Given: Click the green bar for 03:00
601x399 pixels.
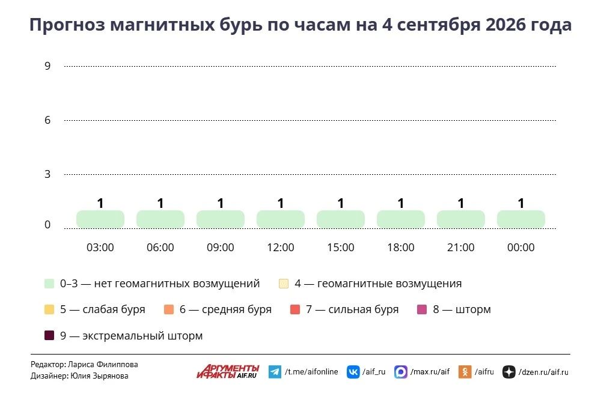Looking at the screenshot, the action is pos(100,219).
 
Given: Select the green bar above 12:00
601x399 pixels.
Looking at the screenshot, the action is pos(281,219).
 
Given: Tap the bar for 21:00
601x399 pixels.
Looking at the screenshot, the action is pos(461,219).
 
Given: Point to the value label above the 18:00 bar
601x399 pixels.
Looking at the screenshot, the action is pos(401,203).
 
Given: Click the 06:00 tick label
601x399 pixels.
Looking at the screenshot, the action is pos(160,248).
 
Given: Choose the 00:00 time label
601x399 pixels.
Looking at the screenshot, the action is pos(521,248).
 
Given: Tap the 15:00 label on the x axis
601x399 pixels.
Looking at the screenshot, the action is pos(341,248).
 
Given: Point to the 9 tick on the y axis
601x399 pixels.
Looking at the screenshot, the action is pos(47,66).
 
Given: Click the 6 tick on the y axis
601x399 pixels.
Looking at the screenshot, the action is pos(47,120).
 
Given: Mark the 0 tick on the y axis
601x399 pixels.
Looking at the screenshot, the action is pos(47,224).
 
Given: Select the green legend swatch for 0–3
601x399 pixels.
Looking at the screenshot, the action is pos(49,284).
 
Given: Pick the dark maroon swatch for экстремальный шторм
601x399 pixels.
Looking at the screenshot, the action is pos(49,336).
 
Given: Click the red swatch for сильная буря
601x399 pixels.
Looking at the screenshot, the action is pos(295,309).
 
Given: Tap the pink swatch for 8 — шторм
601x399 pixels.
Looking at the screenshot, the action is pos(422,309).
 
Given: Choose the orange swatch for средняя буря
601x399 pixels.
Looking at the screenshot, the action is pos(169,309).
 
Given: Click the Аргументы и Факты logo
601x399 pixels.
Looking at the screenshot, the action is pos(228,371).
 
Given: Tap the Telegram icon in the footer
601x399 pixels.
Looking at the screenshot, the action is pos(275,372).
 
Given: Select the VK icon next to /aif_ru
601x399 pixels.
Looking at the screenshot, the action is pos(353,372).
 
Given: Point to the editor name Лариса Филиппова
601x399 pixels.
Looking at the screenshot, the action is pos(103,365).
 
